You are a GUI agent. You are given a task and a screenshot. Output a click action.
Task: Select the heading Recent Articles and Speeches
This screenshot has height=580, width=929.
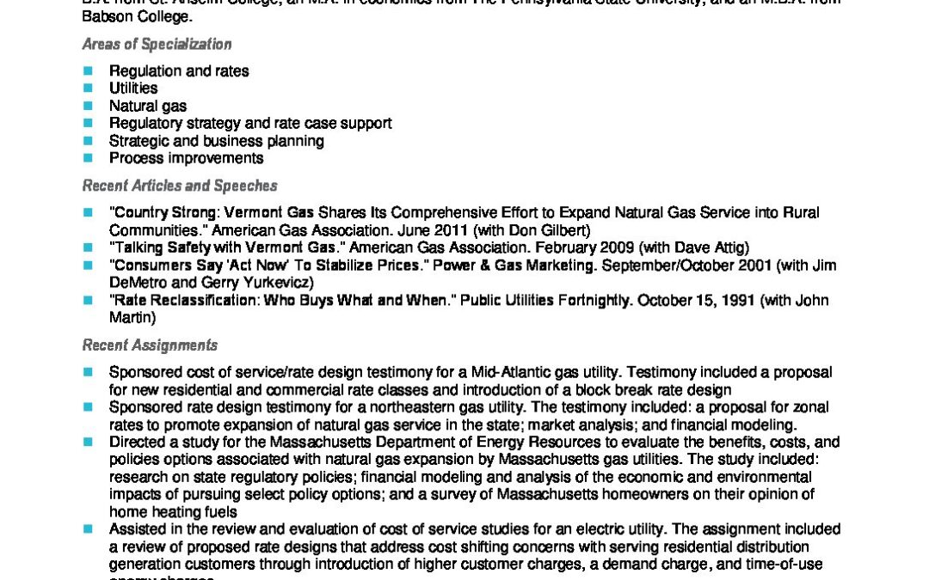[x=179, y=186]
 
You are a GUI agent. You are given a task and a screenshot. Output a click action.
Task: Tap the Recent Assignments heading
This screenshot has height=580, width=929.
[x=150, y=345]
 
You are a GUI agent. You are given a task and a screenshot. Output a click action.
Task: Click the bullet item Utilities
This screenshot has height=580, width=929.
[x=133, y=88]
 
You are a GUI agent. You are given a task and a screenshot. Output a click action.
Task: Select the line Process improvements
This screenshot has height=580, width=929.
[x=186, y=158]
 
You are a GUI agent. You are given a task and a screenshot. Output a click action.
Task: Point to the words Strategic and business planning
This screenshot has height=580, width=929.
[x=216, y=141]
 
